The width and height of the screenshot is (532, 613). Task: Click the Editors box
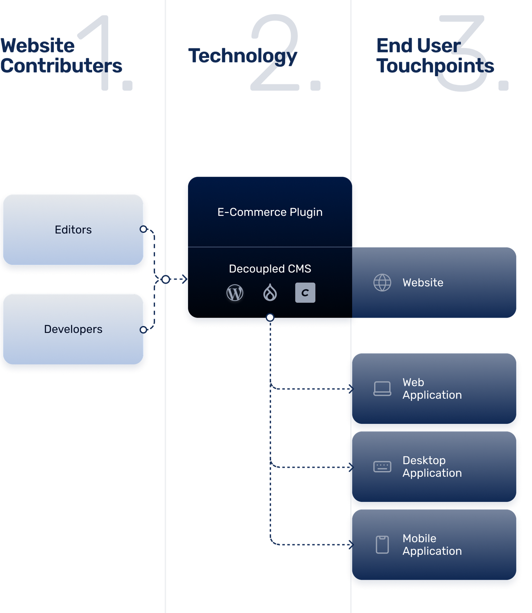[73, 230]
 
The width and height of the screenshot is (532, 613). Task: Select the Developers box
[73, 329]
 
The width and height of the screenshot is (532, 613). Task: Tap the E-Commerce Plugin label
[270, 212]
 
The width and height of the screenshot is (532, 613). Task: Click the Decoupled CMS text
[270, 269]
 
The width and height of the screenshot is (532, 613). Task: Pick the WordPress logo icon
[235, 293]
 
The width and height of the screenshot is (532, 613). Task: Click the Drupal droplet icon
[270, 293]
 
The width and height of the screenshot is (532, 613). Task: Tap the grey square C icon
[305, 293]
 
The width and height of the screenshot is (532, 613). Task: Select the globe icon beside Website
[382, 282]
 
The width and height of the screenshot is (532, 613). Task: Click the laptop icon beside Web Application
[382, 389]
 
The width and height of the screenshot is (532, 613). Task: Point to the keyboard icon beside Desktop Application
[382, 467]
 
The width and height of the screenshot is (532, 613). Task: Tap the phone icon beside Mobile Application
[382, 545]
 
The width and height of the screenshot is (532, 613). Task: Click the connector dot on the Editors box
[143, 229]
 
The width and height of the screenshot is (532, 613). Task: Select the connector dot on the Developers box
[143, 330]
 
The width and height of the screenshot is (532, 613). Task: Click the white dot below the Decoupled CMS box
[270, 317]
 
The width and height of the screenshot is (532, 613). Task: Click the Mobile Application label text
[432, 545]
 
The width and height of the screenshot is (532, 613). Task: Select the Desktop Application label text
[432, 467]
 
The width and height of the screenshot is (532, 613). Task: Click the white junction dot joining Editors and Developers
[166, 280]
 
